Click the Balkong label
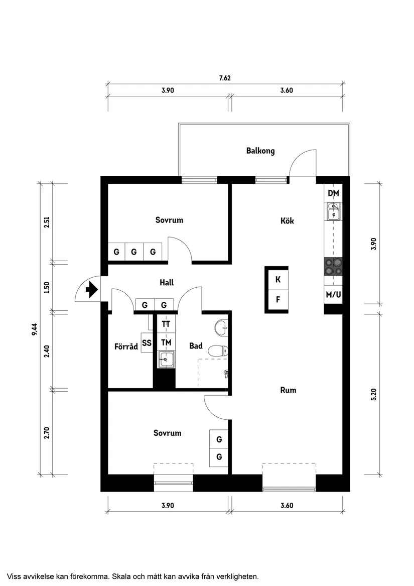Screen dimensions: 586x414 260,151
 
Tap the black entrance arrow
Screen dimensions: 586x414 92,290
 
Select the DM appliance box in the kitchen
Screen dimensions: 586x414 333,193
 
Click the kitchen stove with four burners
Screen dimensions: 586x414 333,266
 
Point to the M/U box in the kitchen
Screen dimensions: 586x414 333,295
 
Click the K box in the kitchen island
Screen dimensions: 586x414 278,280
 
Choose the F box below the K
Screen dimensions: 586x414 278,300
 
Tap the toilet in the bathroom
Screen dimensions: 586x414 218,350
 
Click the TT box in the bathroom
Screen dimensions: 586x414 166,324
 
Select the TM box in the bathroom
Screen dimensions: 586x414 166,342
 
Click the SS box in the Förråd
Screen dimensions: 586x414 147,343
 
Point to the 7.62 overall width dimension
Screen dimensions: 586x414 224,78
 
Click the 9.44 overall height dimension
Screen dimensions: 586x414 34,329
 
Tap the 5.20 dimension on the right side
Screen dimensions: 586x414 373,394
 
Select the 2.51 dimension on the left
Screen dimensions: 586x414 47,222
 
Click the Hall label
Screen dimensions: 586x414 167,283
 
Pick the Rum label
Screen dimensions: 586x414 288,390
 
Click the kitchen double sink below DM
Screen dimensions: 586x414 333,211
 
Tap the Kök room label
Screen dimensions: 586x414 287,221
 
